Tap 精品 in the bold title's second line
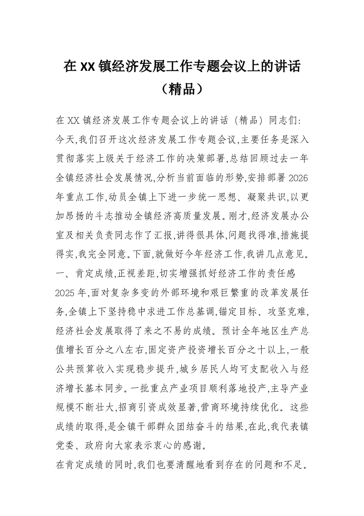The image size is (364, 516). click(x=182, y=89)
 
